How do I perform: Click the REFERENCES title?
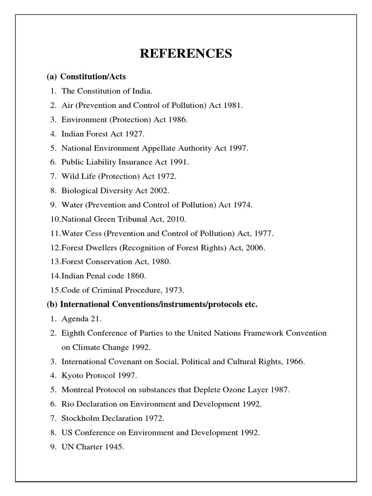186,54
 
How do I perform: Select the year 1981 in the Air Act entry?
233,105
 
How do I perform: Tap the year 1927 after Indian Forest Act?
134,133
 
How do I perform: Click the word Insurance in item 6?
143,162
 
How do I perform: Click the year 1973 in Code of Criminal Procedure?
174,290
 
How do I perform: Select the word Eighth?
73,333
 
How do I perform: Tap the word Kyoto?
72,375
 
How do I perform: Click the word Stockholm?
79,418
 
